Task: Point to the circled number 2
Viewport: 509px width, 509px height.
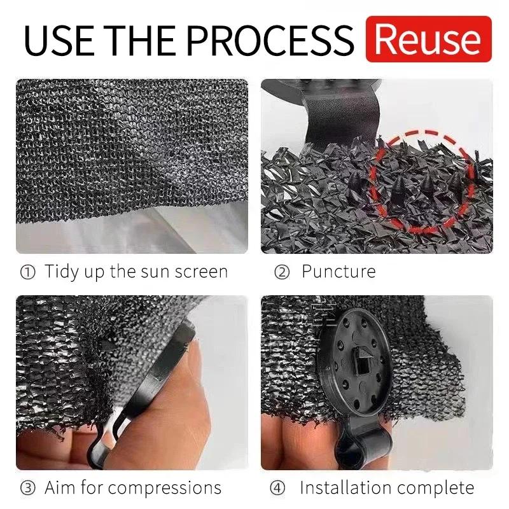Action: pos(282,272)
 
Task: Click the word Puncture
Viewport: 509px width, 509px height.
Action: pos(338,272)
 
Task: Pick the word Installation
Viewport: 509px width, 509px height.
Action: pos(349,488)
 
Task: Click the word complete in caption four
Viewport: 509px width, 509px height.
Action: pos(440,489)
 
